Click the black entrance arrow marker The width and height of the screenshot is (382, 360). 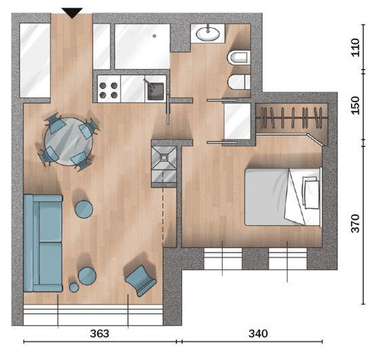coord(72,12)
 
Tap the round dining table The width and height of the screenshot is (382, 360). coord(68,141)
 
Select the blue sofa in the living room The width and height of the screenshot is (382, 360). coord(43,243)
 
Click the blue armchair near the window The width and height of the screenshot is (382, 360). coord(141,280)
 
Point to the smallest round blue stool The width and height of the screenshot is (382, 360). coord(74,288)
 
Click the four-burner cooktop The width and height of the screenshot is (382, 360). coord(108,89)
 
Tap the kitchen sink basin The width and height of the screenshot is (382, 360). coord(155,91)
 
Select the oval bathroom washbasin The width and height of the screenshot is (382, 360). coord(208,34)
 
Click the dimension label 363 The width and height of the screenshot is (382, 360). coord(100,334)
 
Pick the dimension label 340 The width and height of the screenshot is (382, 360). coord(258,334)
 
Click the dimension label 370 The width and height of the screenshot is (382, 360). coord(356,223)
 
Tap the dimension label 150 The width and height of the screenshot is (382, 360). coord(356,106)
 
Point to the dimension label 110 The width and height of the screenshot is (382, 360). coord(356,47)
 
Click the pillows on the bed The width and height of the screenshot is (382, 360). coord(311,192)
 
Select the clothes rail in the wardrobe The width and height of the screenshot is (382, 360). coord(292,118)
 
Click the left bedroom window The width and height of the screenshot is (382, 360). coord(223,258)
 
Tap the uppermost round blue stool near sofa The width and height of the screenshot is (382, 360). coord(84,209)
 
